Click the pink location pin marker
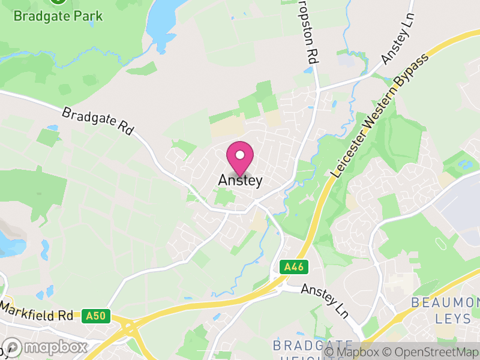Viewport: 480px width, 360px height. point(240,158)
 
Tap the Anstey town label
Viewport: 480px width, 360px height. point(240,180)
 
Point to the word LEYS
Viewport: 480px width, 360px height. point(454,318)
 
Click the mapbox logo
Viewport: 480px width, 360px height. point(45,347)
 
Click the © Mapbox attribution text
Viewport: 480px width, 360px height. point(354,352)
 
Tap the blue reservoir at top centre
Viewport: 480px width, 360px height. point(166,21)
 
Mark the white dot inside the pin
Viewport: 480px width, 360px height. point(240,155)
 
